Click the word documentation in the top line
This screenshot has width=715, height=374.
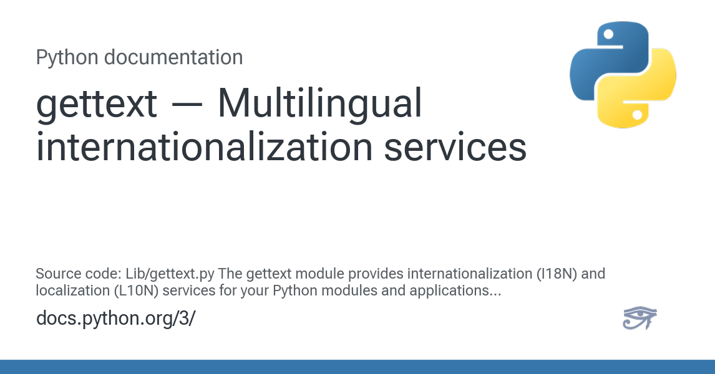coord(173,57)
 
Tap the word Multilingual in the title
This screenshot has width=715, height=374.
coord(319,104)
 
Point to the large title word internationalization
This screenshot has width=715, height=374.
coord(205,146)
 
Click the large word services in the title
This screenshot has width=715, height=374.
coord(455,146)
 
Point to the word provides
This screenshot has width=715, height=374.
coord(376,274)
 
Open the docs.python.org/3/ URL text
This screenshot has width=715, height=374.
coord(116,318)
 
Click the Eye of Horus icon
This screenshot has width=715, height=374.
coord(640,318)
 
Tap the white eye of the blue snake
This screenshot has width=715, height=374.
coord(608,35)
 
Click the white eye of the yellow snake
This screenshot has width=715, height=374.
coord(638,115)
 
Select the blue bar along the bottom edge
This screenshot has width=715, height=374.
coord(357,367)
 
